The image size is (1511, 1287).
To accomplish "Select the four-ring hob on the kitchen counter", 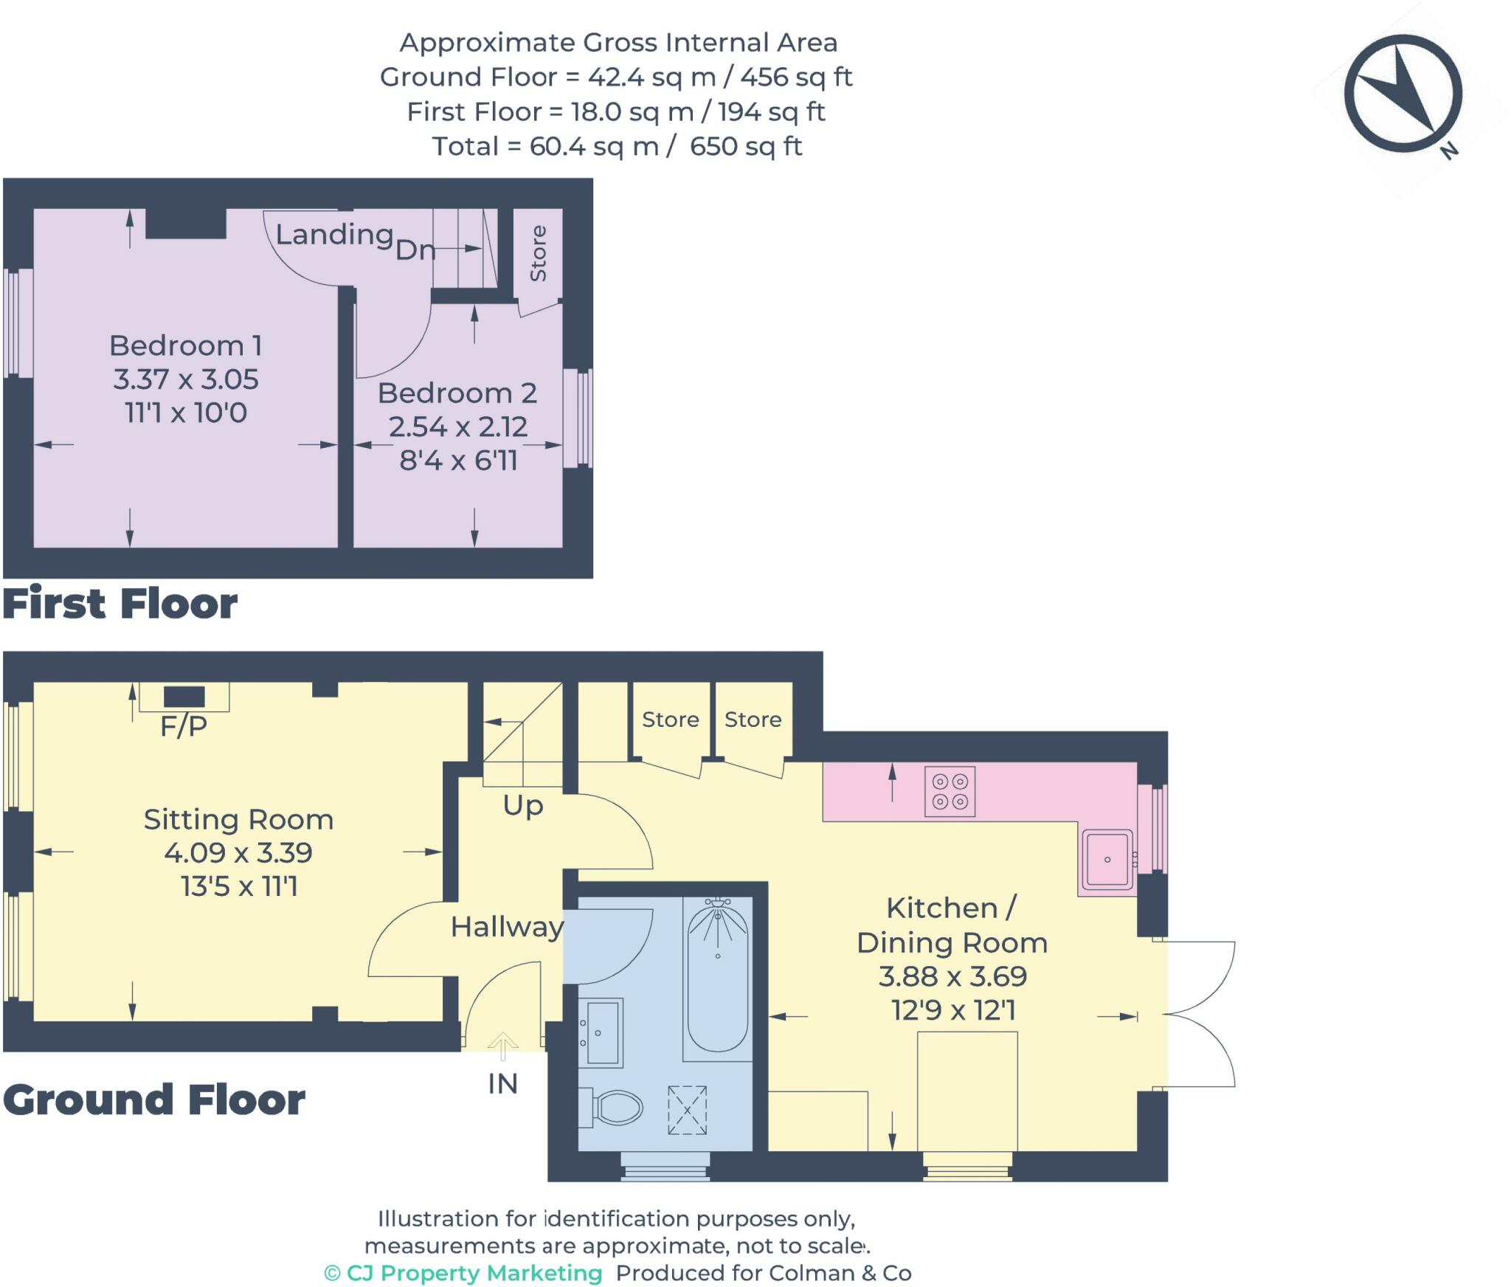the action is (x=950, y=791).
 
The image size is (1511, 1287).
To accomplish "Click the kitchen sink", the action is (x=1107, y=859).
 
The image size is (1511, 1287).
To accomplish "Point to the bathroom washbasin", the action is (x=601, y=1032).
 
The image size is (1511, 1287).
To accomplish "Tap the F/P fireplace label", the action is (x=183, y=726).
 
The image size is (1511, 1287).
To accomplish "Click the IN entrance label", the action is (x=502, y=1083).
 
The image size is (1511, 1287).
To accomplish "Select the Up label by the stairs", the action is (x=523, y=806).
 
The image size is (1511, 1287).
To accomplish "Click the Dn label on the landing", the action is (x=415, y=249).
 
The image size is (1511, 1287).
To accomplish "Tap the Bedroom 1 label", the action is (x=185, y=345).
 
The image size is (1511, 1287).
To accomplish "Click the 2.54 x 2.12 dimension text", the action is (x=457, y=427).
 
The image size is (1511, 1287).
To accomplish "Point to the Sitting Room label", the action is (x=238, y=819).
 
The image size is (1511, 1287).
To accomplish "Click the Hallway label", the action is (x=507, y=927).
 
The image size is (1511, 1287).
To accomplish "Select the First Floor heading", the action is (x=120, y=604).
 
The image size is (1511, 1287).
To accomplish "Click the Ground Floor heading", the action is (x=154, y=1100).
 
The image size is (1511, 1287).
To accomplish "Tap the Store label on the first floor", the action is (x=538, y=253).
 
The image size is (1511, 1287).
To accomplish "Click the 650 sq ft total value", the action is (x=746, y=146).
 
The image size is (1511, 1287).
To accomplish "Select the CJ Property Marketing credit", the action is (x=463, y=1273).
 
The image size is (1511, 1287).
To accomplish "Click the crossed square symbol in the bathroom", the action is (x=687, y=1110).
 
